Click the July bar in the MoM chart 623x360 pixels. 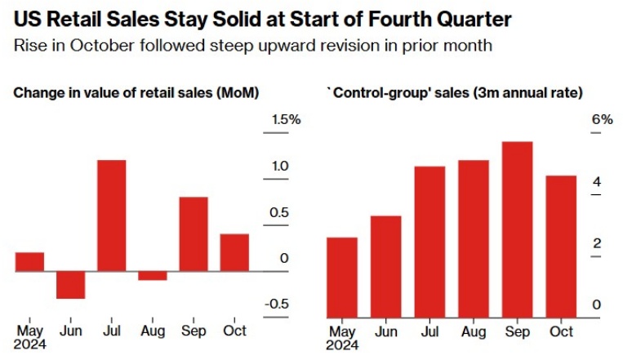pos(111,215)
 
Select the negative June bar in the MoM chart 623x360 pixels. pos(70,284)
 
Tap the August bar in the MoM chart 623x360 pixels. pos(152,275)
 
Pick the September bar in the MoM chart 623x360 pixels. pos(194,233)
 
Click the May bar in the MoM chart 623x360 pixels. pos(29,261)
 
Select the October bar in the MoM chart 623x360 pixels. pos(234,252)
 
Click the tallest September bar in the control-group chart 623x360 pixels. pos(518,229)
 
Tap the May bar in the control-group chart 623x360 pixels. pos(341,277)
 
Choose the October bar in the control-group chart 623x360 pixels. pos(561,246)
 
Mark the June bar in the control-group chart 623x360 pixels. pos(385,266)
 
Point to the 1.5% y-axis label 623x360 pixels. pos(287,120)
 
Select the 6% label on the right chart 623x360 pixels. pos(602,120)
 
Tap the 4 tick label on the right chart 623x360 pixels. pos(597,182)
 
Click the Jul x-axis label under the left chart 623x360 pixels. pos(111,331)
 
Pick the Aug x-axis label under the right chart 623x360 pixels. pos(474,331)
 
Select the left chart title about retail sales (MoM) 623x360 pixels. pos(136,93)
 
